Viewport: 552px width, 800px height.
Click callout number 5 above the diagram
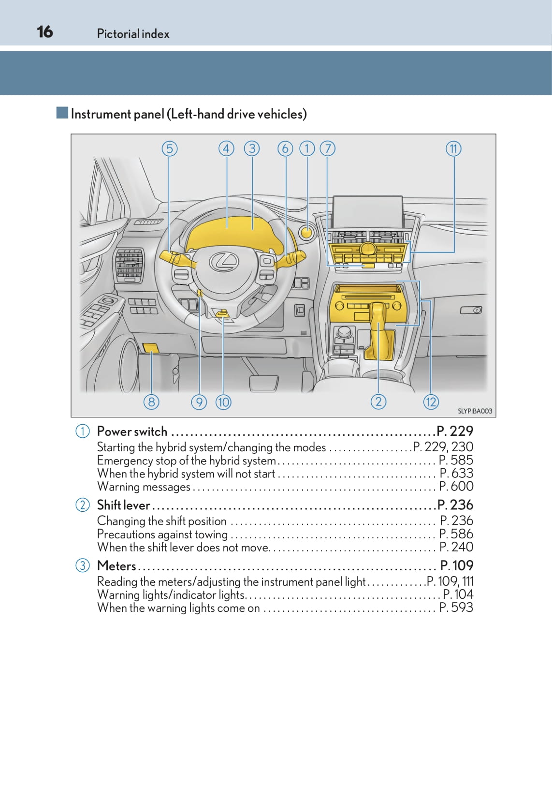click(169, 148)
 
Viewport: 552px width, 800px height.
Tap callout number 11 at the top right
click(453, 148)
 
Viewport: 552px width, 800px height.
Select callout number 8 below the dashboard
click(151, 401)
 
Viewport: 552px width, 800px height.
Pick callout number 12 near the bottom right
click(431, 401)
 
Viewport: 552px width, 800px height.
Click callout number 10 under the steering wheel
click(223, 401)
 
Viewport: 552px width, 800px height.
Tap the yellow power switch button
click(307, 232)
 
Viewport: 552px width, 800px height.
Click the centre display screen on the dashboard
click(367, 212)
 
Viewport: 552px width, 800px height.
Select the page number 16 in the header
click(45, 32)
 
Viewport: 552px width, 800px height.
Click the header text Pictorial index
click(133, 34)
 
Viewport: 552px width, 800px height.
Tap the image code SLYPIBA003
click(475, 411)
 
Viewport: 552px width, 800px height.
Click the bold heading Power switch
click(132, 431)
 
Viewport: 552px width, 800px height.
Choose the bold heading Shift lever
click(124, 505)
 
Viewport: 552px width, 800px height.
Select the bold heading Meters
click(116, 565)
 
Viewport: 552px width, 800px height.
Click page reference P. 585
click(456, 460)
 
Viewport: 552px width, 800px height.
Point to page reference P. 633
click(456, 473)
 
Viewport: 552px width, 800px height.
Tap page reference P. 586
click(456, 534)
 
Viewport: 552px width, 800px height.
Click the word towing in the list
click(211, 534)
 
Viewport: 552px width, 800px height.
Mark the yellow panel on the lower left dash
click(151, 348)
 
